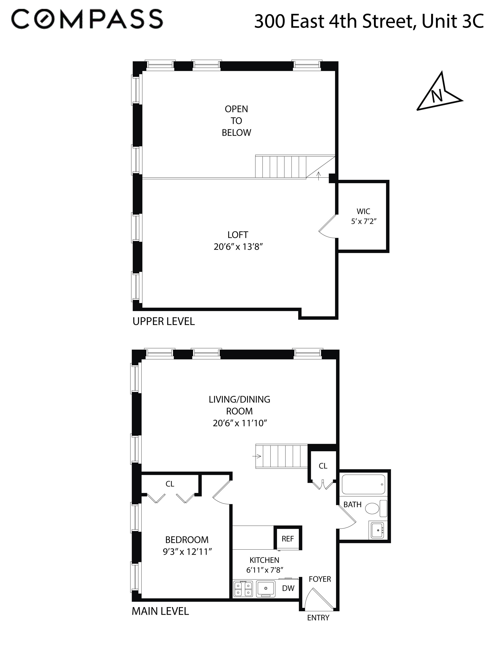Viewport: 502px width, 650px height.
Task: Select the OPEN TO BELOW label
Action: point(236,121)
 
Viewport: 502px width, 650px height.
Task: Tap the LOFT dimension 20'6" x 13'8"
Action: point(238,247)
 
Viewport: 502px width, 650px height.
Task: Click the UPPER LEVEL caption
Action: point(164,321)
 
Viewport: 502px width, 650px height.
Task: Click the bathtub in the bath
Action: point(363,485)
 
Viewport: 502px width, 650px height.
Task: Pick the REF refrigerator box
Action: point(288,539)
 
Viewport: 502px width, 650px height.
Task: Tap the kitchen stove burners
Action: point(243,589)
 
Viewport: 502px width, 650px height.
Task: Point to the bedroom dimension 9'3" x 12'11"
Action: point(187,552)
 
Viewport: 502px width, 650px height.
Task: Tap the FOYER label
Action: point(320,579)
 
